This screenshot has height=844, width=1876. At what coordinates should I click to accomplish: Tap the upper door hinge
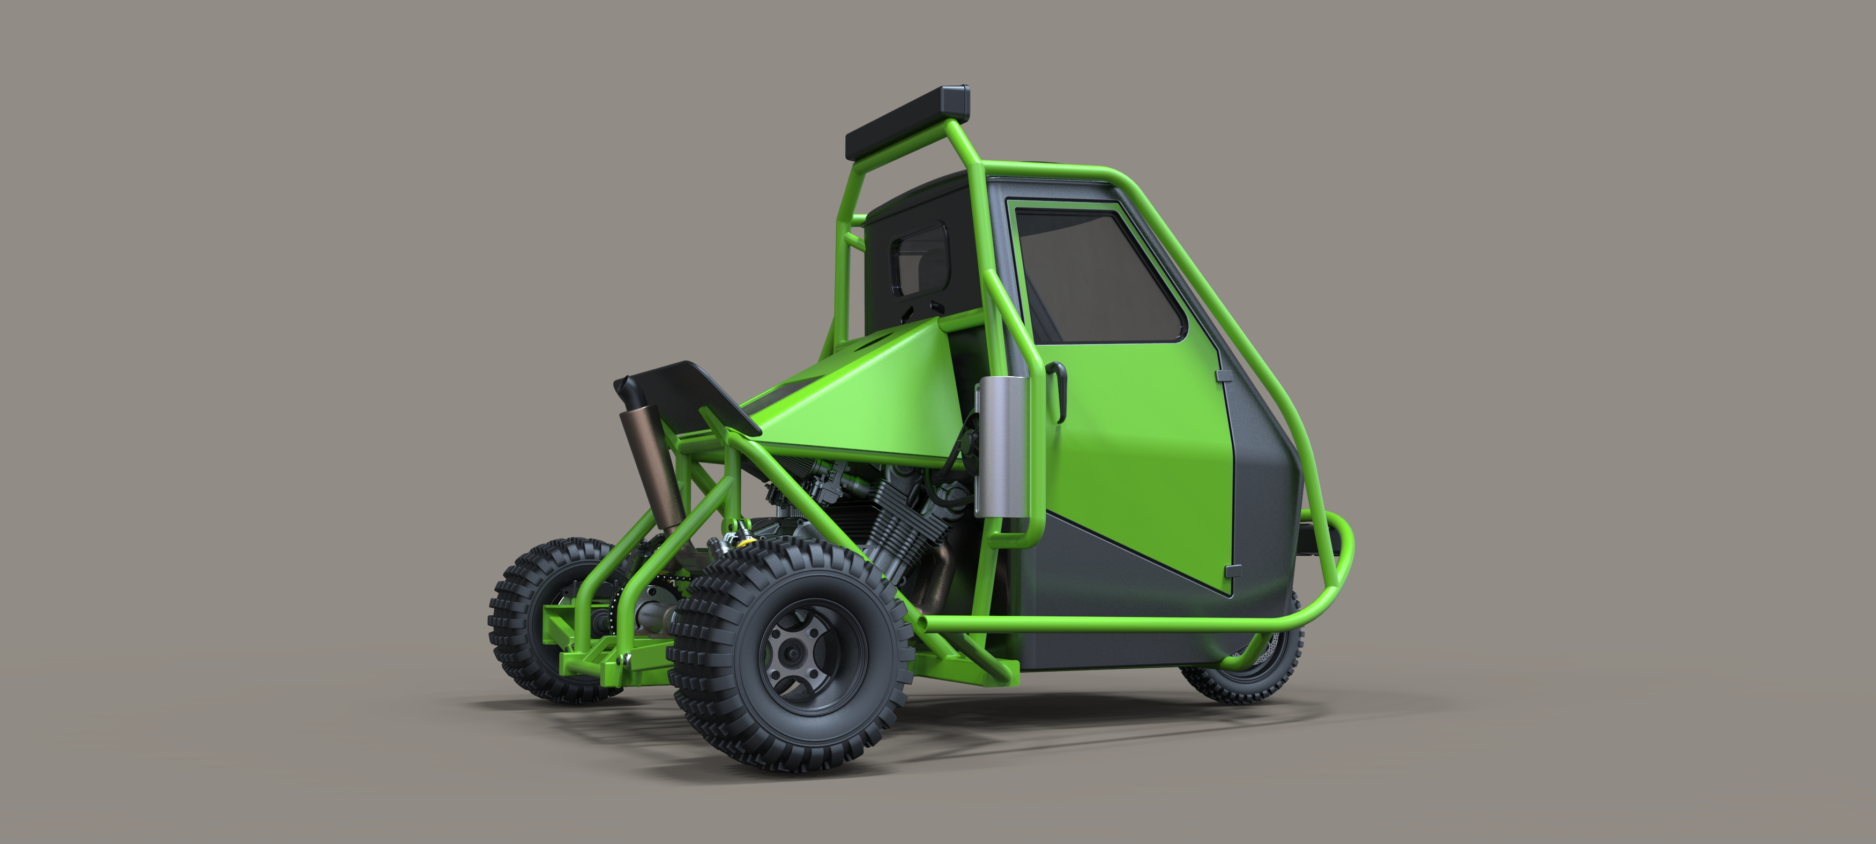1222,376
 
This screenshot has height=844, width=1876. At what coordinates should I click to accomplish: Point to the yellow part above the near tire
745,541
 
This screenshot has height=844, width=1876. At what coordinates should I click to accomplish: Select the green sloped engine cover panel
859,386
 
